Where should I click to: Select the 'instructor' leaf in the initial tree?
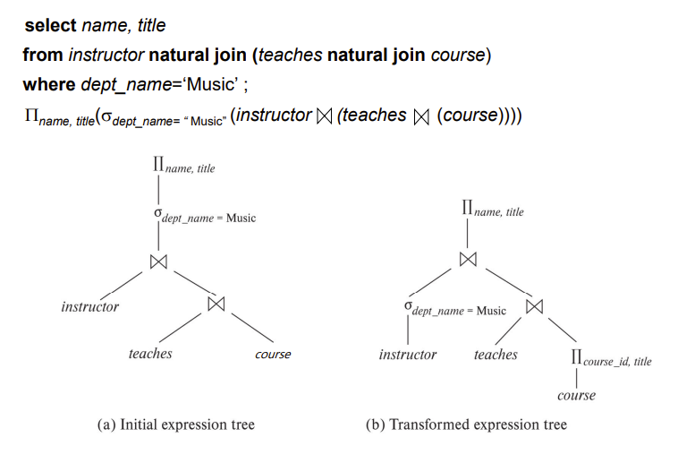point(89,307)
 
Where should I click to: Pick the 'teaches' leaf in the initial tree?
point(150,354)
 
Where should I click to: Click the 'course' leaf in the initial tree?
point(273,355)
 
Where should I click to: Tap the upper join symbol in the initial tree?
point(159,262)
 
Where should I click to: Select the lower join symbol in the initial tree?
point(215,304)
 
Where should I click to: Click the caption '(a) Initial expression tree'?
point(175,424)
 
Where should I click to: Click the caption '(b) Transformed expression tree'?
point(466,424)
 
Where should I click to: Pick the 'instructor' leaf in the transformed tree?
point(408,355)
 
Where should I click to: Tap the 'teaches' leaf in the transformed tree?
point(496,355)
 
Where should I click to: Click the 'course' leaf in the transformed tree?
point(576,395)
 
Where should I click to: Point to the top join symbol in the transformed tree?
point(468,259)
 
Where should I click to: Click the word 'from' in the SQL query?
point(43,56)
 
